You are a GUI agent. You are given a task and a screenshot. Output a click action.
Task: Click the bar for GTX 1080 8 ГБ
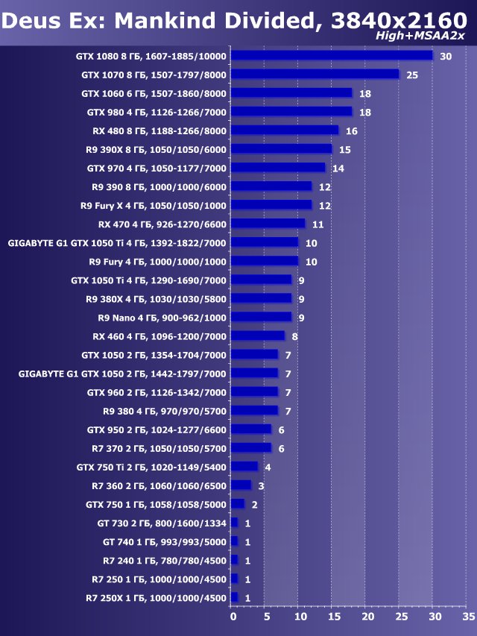[x=332, y=55]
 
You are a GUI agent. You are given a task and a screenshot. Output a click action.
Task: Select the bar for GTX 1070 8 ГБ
[x=315, y=74]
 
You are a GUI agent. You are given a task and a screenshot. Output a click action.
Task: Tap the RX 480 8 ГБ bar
[x=285, y=130]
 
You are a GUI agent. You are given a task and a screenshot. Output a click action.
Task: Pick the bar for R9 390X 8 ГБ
[x=282, y=149]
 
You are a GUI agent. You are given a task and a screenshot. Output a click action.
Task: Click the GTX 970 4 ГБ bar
[x=278, y=168]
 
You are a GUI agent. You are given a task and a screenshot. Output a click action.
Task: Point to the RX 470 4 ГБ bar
[x=268, y=223]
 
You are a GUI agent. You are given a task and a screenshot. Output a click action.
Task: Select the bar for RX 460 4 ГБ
[x=258, y=336]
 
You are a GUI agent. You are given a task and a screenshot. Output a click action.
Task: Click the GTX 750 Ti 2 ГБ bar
[x=244, y=466]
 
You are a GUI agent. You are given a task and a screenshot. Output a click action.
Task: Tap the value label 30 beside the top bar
[x=446, y=57]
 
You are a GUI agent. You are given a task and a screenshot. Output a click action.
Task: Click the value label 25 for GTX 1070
[x=412, y=75]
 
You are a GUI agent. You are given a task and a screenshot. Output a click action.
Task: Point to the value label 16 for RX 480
[x=352, y=131]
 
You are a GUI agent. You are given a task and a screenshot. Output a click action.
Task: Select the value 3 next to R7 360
[x=262, y=486]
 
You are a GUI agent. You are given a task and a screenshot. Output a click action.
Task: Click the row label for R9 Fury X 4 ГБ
[x=154, y=205]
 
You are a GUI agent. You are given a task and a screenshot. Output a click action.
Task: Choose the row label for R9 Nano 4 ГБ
[x=162, y=317]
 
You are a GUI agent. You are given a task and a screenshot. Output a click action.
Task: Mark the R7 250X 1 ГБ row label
[x=156, y=597]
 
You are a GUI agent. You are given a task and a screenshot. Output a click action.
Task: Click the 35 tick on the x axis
[x=468, y=617]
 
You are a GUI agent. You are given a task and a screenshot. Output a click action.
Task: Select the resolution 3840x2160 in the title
[x=394, y=21]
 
